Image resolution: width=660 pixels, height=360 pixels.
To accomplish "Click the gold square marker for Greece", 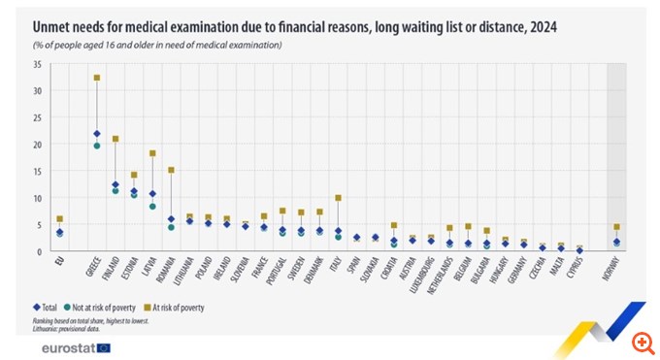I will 96,78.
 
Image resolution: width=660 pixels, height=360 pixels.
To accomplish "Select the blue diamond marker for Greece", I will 96,134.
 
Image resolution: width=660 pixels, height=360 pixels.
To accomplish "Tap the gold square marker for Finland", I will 115,139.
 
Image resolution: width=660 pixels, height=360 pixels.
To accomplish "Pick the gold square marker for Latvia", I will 152,153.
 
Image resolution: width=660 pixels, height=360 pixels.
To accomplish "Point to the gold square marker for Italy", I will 338,198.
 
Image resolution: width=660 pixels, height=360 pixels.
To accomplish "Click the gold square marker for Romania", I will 171,170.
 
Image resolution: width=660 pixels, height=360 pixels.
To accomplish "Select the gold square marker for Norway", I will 616,226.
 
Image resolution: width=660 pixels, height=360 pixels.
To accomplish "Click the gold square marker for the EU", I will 59,219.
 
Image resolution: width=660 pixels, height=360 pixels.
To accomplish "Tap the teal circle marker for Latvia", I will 152,207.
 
